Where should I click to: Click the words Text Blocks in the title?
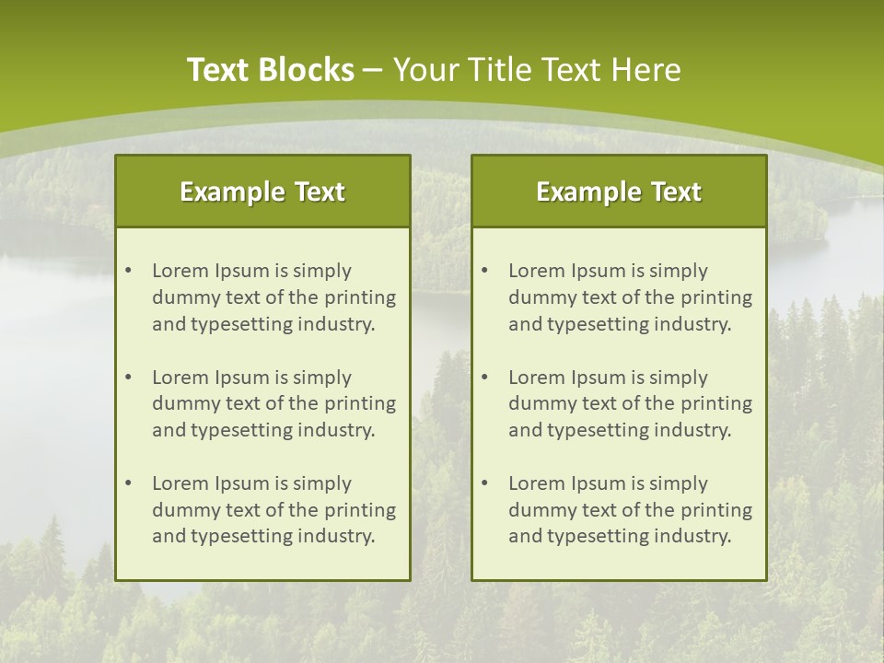pos(271,70)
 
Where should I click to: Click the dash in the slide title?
pos(373,70)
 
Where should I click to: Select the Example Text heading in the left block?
pos(262,192)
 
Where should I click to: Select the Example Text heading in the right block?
pos(619,192)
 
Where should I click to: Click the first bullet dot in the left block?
pos(128,271)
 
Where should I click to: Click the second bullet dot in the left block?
pos(128,378)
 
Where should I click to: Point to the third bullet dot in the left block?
pos(128,483)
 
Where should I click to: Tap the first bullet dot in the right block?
pos(484,271)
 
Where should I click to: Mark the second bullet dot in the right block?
pos(484,378)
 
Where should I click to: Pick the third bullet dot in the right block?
pos(484,483)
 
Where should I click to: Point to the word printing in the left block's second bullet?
pos(360,403)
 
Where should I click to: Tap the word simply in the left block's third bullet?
pos(324,483)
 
